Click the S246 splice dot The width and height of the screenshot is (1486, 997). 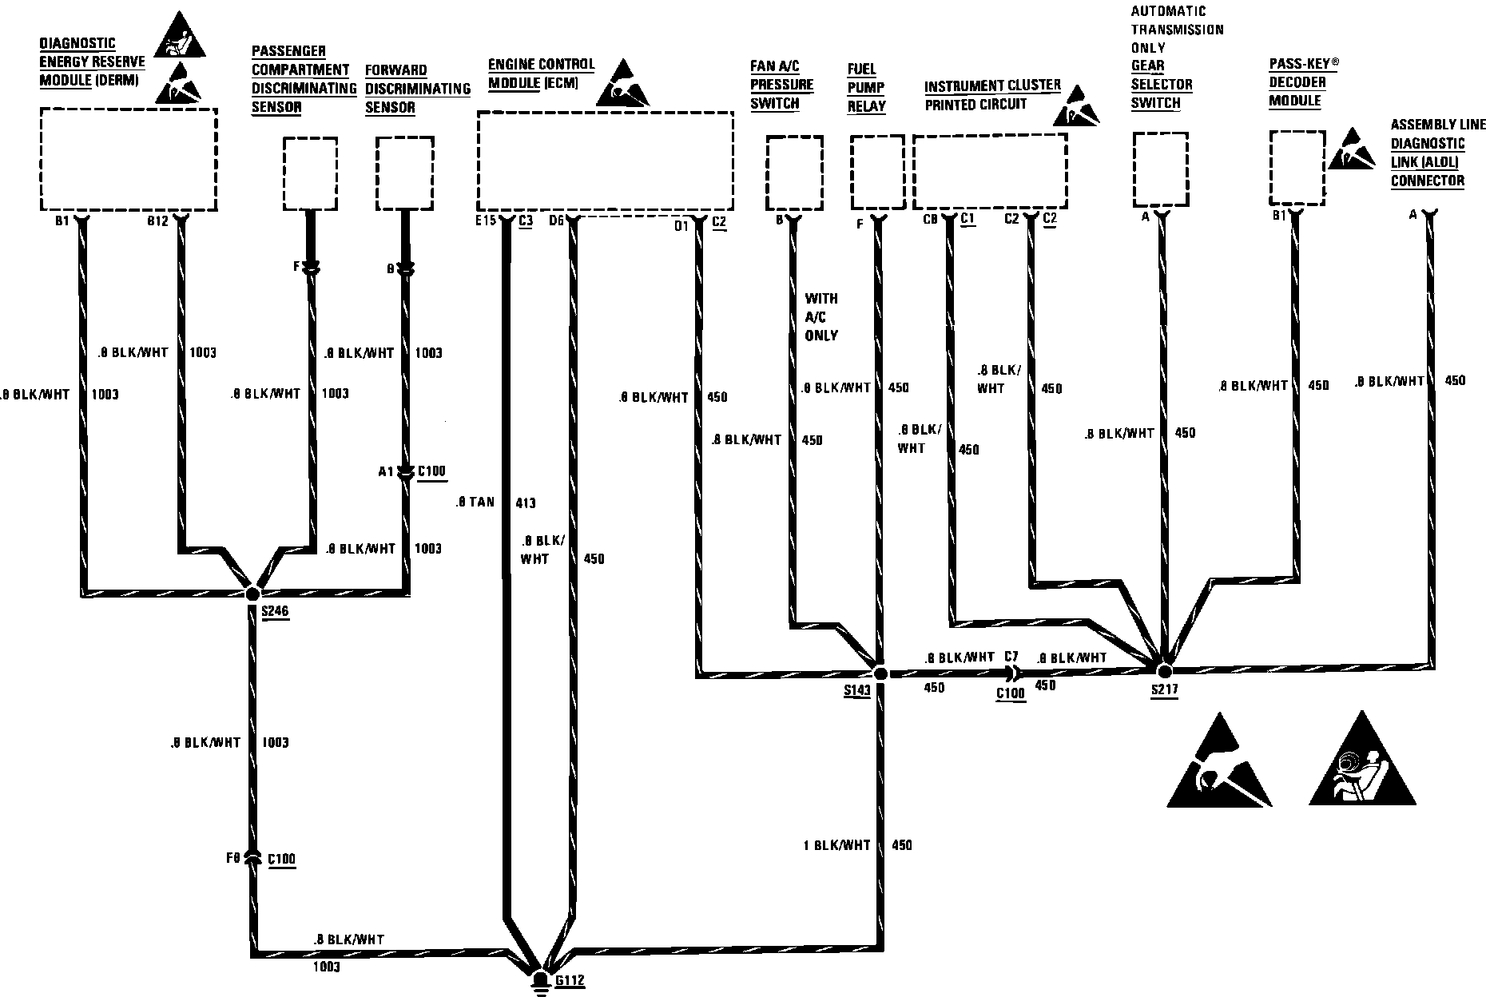pos(252,594)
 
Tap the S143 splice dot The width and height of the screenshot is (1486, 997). pos(880,673)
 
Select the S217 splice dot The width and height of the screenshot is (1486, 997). pos(1164,671)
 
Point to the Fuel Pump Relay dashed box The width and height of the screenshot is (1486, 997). pos(877,173)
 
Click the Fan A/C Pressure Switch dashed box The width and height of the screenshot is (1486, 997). pos(794,173)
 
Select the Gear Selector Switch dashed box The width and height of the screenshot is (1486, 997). pos(1160,169)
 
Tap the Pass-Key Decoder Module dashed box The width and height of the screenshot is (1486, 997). pos(1297,168)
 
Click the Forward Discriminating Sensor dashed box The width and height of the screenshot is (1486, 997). pos(405,173)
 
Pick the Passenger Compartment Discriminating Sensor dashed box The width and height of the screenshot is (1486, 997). pos(310,173)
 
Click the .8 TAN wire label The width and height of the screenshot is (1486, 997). pos(475,502)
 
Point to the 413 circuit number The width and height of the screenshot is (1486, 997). pos(526,502)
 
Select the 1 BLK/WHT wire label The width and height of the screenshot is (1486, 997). pos(836,844)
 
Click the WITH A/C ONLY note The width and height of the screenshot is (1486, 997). pos(821,316)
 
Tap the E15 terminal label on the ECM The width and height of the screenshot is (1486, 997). pos(484,221)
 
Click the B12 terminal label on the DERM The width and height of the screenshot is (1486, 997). pos(158,221)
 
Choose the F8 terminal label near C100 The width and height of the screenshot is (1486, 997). pos(232,858)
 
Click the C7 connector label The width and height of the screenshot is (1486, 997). pos(1011,657)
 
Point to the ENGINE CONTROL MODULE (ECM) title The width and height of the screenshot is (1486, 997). pos(541,73)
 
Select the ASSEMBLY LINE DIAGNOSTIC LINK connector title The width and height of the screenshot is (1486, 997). pos(1437,153)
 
